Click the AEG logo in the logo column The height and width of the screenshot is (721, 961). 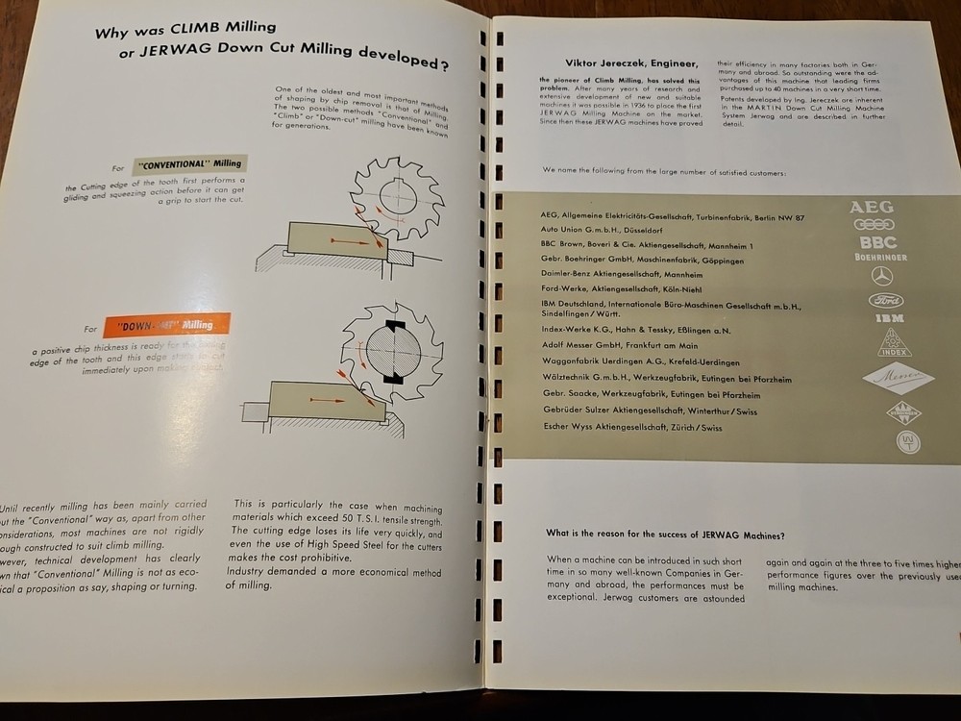pos(871,207)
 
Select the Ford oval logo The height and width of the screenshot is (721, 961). pos(884,299)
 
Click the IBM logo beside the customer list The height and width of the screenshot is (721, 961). pos(889,317)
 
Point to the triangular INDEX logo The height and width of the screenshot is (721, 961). pos(895,342)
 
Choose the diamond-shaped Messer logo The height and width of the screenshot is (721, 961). pos(898,380)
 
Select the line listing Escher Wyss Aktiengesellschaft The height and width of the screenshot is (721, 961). pos(632,427)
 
